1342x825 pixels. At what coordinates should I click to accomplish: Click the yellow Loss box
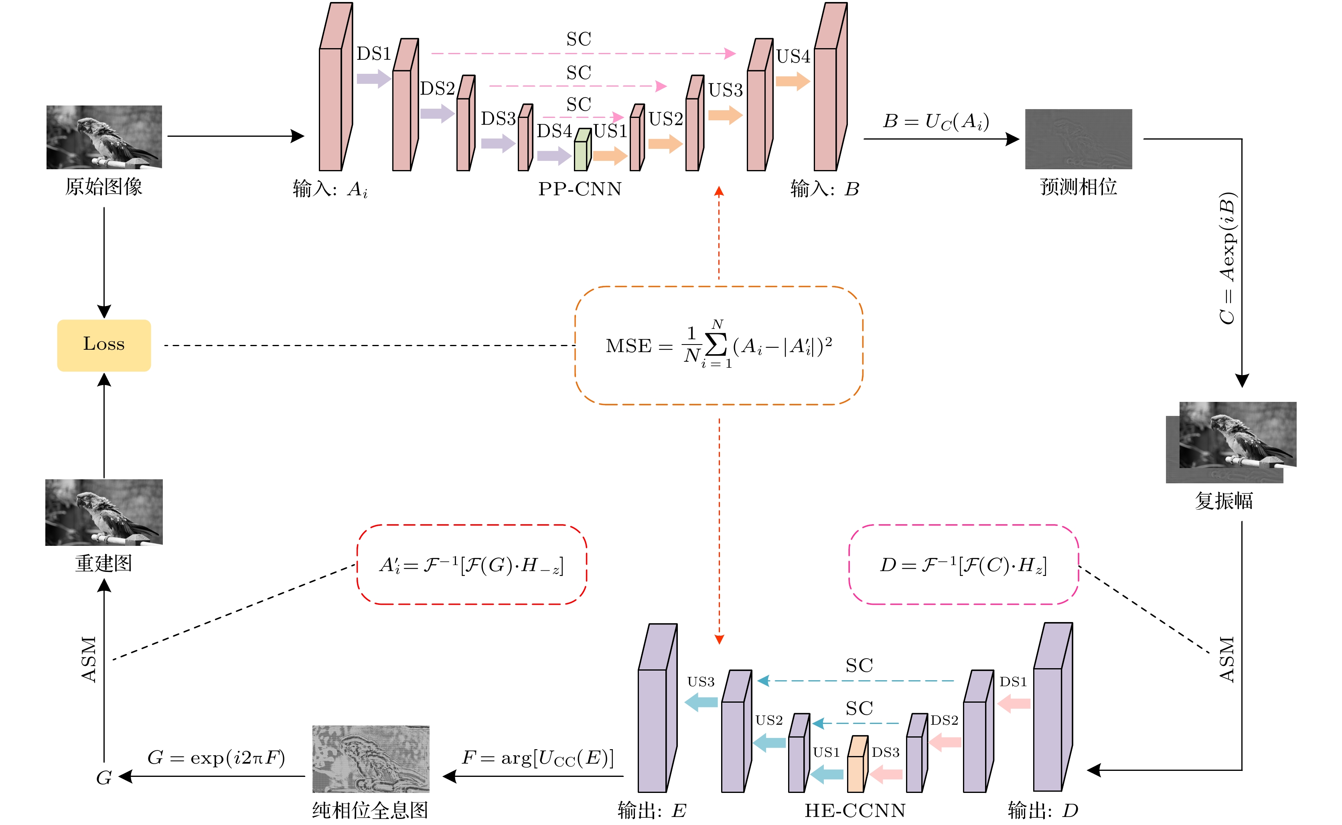coord(103,345)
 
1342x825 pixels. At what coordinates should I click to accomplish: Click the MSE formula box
coord(718,345)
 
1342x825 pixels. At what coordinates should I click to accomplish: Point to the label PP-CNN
coord(579,189)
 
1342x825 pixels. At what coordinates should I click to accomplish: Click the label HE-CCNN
coord(855,811)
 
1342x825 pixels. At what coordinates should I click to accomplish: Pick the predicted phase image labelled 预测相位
coord(1078,139)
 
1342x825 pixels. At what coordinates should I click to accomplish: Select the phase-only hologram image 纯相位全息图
coord(371,758)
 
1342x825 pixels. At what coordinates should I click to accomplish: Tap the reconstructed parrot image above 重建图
coord(103,512)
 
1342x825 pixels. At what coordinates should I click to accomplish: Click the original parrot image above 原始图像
coord(103,137)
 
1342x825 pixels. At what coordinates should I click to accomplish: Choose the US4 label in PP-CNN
coord(793,56)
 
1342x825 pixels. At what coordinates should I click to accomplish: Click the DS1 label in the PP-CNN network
coord(374,53)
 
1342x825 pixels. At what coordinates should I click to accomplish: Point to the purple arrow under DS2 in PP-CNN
coord(437,114)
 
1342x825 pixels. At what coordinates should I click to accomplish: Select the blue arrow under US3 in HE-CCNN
coord(701,702)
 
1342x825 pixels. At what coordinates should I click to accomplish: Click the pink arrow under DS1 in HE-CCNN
coord(1014,703)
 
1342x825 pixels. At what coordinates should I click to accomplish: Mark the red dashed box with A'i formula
coord(471,565)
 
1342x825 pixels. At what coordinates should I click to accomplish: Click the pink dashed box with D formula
coord(963,565)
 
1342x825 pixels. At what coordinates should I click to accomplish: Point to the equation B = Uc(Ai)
coord(936,121)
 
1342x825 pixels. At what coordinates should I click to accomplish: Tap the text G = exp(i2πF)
coord(216,757)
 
